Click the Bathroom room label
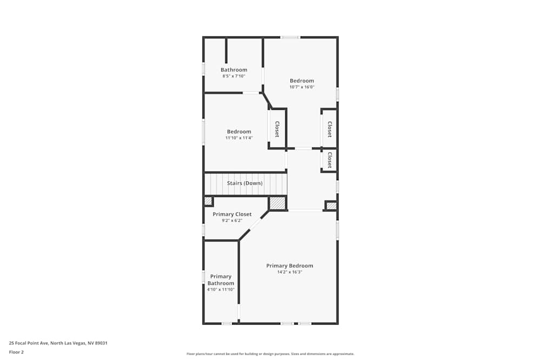pyautogui.click(x=234, y=70)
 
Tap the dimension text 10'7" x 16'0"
pyautogui.click(x=301, y=87)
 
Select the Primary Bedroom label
pyautogui.click(x=289, y=266)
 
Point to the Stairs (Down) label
pyautogui.click(x=245, y=183)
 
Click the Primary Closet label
pyautogui.click(x=232, y=214)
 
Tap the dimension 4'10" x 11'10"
pyautogui.click(x=220, y=290)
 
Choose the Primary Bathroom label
pyautogui.click(x=221, y=280)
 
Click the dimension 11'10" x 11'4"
pyautogui.click(x=239, y=138)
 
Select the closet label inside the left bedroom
pyautogui.click(x=277, y=128)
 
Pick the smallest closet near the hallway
pyautogui.click(x=329, y=160)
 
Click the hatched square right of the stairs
pyautogui.click(x=278, y=203)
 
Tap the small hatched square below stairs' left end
pyautogui.click(x=208, y=201)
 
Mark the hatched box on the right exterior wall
pyautogui.click(x=331, y=206)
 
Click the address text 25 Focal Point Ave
pyautogui.click(x=58, y=343)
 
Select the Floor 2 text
pyautogui.click(x=16, y=352)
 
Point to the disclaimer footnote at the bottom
pyautogui.click(x=270, y=354)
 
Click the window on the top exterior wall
pyautogui.click(x=290, y=37)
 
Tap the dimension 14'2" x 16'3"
pyautogui.click(x=289, y=272)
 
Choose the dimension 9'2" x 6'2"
pyautogui.click(x=232, y=221)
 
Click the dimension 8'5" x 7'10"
pyautogui.click(x=234, y=76)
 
